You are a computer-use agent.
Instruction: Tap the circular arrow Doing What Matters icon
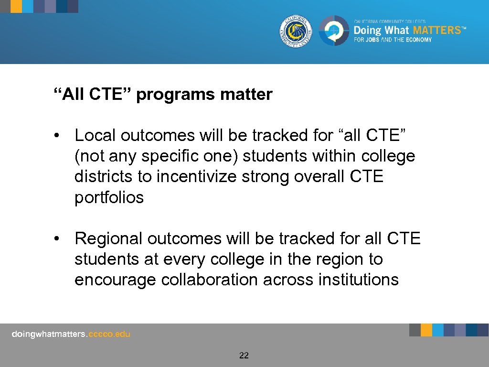334,31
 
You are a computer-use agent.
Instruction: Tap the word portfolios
109,197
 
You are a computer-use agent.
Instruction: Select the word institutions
358,280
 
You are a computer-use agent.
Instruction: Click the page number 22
244,355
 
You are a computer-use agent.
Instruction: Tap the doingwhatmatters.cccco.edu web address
71,334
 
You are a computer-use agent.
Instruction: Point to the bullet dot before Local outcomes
57,136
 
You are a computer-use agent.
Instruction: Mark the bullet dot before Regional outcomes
57,238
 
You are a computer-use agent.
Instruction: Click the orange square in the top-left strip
16,6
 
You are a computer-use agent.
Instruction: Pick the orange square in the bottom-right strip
426,330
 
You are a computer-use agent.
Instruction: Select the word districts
104,176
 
